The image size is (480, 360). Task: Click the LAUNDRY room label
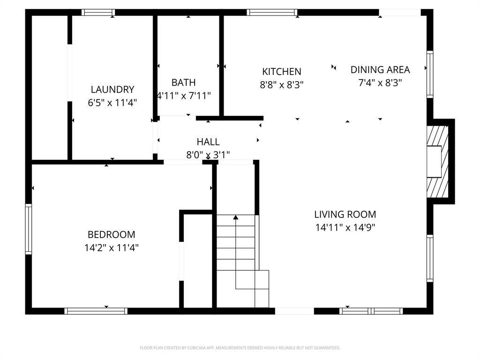tap(112, 90)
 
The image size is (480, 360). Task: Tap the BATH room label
tap(183, 82)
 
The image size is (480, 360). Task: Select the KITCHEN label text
tap(282, 72)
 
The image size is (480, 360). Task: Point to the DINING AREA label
tap(380, 70)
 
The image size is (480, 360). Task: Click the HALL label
tap(208, 142)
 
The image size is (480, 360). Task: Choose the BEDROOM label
tap(112, 234)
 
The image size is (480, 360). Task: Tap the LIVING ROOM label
tap(345, 214)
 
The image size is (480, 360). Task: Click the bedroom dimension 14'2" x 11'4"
tap(112, 247)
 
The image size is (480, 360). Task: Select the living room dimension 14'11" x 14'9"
tap(345, 227)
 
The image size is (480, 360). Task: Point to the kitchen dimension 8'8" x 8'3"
tap(282, 84)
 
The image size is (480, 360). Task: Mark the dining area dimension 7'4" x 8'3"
tap(380, 82)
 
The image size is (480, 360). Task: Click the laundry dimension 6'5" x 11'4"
tap(112, 103)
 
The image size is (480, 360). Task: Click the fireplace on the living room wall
tap(437, 162)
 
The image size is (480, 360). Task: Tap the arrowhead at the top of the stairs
tap(236, 217)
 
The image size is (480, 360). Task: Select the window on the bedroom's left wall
tap(29, 229)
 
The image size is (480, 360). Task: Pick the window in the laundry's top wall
tap(98, 13)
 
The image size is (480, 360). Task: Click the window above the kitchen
tap(272, 13)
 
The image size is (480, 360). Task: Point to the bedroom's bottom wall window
tap(96, 311)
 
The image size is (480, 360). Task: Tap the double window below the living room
tap(371, 311)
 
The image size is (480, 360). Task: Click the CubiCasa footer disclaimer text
tap(240, 348)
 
